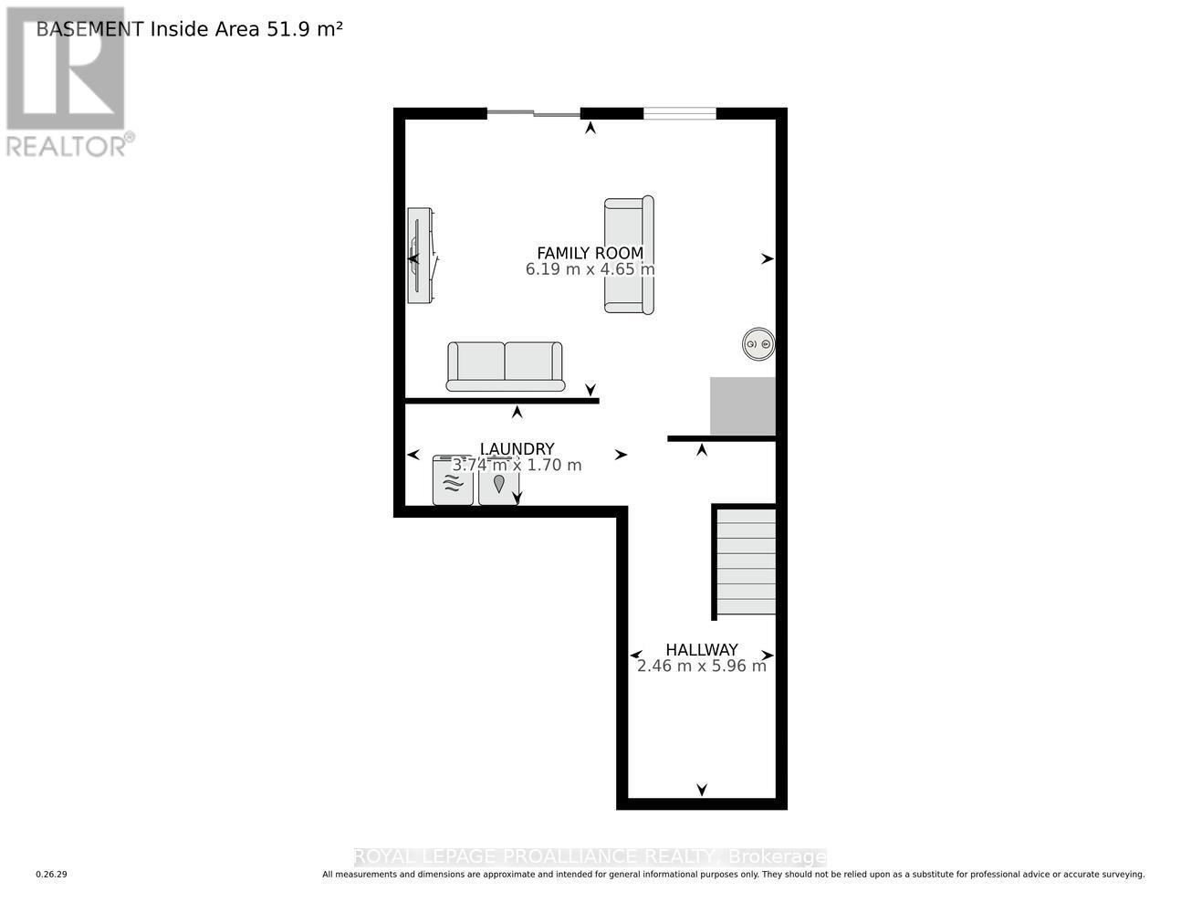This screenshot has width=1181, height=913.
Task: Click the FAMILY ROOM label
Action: point(590,253)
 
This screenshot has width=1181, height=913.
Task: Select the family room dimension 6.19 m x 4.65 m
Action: point(590,269)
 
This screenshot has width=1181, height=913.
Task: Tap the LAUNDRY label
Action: point(517,448)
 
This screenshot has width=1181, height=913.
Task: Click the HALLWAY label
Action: point(701,650)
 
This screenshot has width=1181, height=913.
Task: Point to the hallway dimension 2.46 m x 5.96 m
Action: point(701,666)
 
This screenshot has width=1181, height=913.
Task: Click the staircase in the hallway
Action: point(746,561)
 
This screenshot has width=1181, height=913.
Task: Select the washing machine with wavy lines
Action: point(453,480)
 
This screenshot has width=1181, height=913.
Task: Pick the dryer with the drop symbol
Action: point(497,480)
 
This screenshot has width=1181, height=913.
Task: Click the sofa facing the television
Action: point(629,255)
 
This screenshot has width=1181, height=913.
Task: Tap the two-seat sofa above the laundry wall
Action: point(505,366)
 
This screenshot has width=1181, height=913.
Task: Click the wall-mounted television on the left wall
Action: point(419,256)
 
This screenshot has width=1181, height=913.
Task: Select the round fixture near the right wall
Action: point(758,344)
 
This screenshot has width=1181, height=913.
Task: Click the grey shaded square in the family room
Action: point(743,406)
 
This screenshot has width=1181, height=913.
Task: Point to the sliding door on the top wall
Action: point(533,113)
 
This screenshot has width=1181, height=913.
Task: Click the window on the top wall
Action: point(680,113)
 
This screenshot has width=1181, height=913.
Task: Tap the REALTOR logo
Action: point(67,82)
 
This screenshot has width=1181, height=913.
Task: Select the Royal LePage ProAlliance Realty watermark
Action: point(590,856)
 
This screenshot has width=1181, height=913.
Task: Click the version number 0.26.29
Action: point(52,875)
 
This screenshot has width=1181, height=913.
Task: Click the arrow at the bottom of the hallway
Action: point(702,790)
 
